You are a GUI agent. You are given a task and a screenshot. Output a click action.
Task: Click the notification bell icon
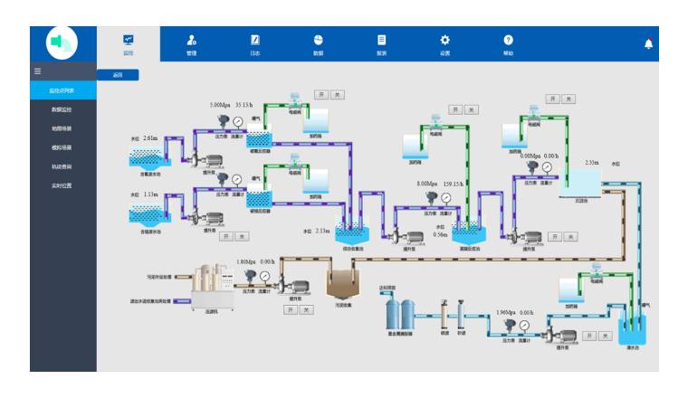648,43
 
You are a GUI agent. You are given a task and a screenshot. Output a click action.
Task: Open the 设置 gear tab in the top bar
444,44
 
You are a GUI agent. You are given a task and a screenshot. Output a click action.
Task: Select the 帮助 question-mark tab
508,44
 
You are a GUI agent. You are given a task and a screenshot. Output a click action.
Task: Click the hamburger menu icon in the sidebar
37,71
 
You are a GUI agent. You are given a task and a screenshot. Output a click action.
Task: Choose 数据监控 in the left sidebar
62,109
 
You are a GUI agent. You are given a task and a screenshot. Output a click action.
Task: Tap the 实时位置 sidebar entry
62,185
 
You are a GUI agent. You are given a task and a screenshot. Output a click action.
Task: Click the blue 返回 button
118,75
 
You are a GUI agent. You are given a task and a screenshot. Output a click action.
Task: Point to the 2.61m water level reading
150,138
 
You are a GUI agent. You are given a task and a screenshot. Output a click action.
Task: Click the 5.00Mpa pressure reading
221,105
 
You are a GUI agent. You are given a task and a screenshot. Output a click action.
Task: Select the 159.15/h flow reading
454,184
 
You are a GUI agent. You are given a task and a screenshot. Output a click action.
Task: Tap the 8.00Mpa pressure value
427,184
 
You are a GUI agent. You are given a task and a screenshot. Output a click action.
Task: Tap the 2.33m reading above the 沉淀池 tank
591,163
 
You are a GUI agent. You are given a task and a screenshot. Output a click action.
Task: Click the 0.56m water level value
441,234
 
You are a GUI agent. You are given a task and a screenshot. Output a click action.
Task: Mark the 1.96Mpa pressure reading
507,313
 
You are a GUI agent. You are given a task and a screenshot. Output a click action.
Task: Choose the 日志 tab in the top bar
255,44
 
